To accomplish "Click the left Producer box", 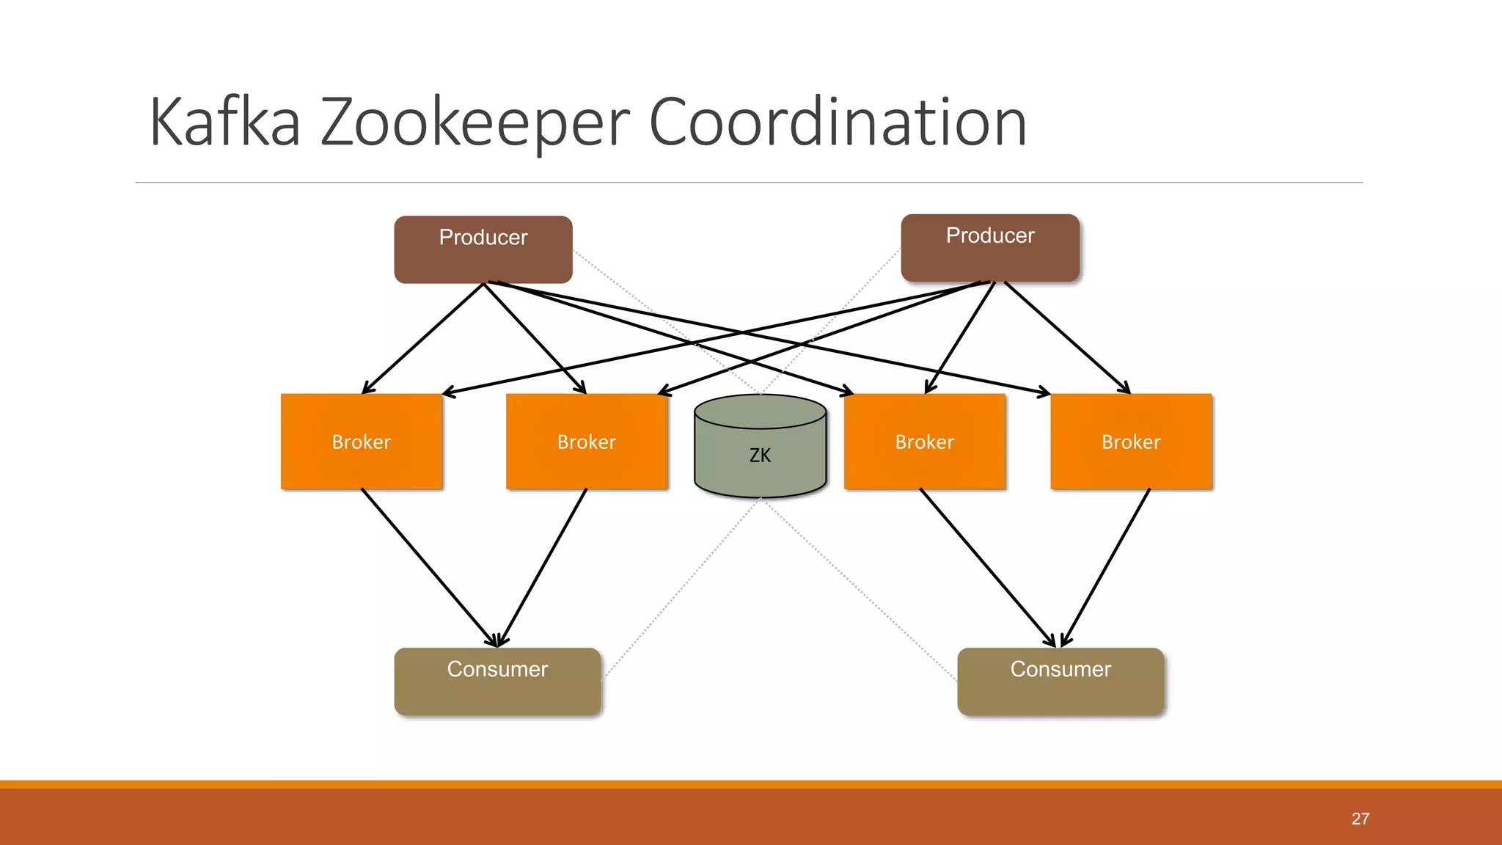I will click(483, 250).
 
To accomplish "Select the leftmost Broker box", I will click(361, 442).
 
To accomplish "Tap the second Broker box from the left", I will click(586, 442).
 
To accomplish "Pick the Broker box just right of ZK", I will click(924, 442).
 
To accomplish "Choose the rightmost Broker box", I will click(1130, 442).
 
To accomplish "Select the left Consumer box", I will click(497, 681).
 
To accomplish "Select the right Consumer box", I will click(1060, 681).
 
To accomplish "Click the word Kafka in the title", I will click(224, 122).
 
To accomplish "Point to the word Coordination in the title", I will click(837, 122).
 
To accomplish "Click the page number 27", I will click(1360, 819).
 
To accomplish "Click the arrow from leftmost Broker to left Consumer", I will click(428, 566).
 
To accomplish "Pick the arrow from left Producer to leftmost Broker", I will click(423, 338).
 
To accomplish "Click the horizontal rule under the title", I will click(748, 182).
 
